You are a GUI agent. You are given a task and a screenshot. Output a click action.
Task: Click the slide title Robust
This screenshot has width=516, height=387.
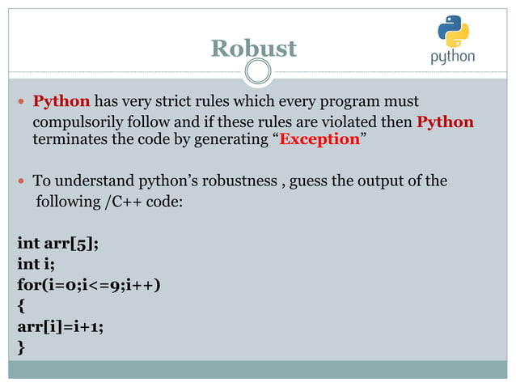pos(253,48)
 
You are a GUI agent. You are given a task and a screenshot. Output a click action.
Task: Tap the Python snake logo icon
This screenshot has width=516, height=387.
pos(453,32)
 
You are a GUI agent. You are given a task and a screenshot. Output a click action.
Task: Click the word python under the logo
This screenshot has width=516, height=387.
pos(452,58)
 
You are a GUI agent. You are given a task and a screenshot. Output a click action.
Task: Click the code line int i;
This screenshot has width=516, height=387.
pos(33,263)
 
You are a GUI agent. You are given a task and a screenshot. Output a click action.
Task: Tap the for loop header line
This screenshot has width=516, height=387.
pos(88,284)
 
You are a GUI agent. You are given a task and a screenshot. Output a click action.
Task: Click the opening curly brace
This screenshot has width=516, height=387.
pos(21,306)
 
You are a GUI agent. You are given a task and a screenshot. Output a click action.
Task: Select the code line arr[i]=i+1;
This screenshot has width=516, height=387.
pos(59,326)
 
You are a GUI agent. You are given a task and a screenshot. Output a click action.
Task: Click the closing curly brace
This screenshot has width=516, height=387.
pos(21,348)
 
